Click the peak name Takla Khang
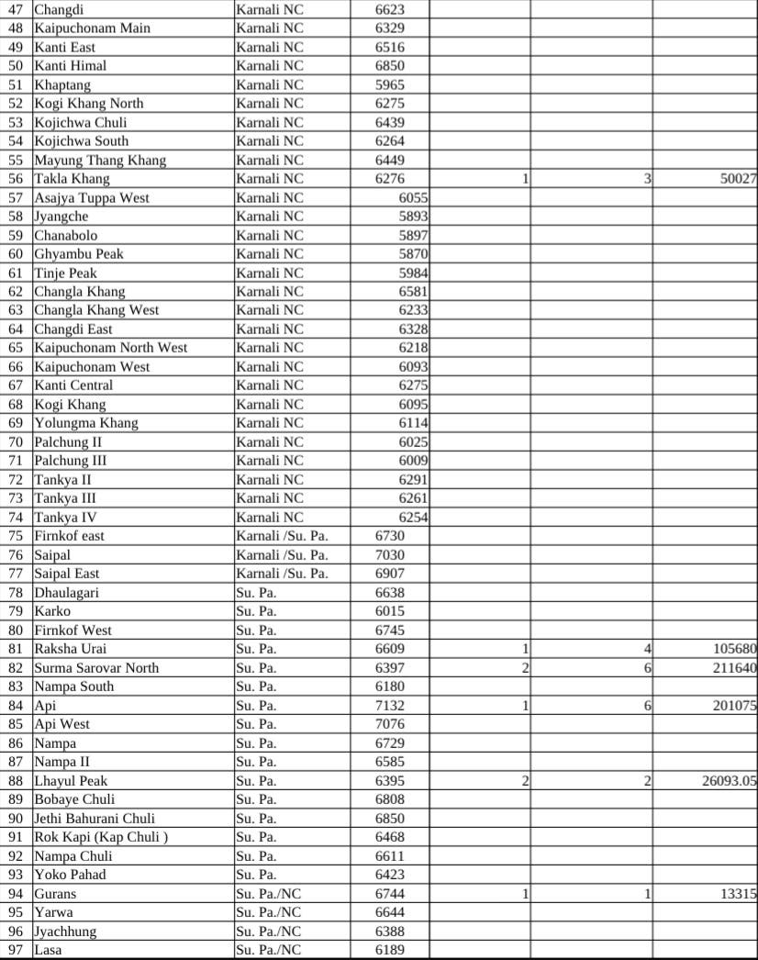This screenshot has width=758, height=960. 72,179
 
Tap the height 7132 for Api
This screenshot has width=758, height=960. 390,706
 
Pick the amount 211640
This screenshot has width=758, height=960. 734,668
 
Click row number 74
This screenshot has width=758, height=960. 16,518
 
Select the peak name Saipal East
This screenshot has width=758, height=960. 67,574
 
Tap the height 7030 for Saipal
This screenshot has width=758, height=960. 390,555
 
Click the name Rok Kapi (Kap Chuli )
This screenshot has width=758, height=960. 101,837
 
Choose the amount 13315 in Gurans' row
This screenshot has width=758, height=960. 738,894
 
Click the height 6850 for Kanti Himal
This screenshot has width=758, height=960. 390,66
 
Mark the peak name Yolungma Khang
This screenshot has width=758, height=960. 86,423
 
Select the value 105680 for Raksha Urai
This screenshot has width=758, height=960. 734,649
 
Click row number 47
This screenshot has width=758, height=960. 16,9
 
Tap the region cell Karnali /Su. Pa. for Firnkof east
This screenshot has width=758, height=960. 282,536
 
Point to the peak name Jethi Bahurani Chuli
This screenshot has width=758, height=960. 95,819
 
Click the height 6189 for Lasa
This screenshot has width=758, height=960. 390,950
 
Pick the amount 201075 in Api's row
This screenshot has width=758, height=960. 734,706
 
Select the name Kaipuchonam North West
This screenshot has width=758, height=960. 111,348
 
